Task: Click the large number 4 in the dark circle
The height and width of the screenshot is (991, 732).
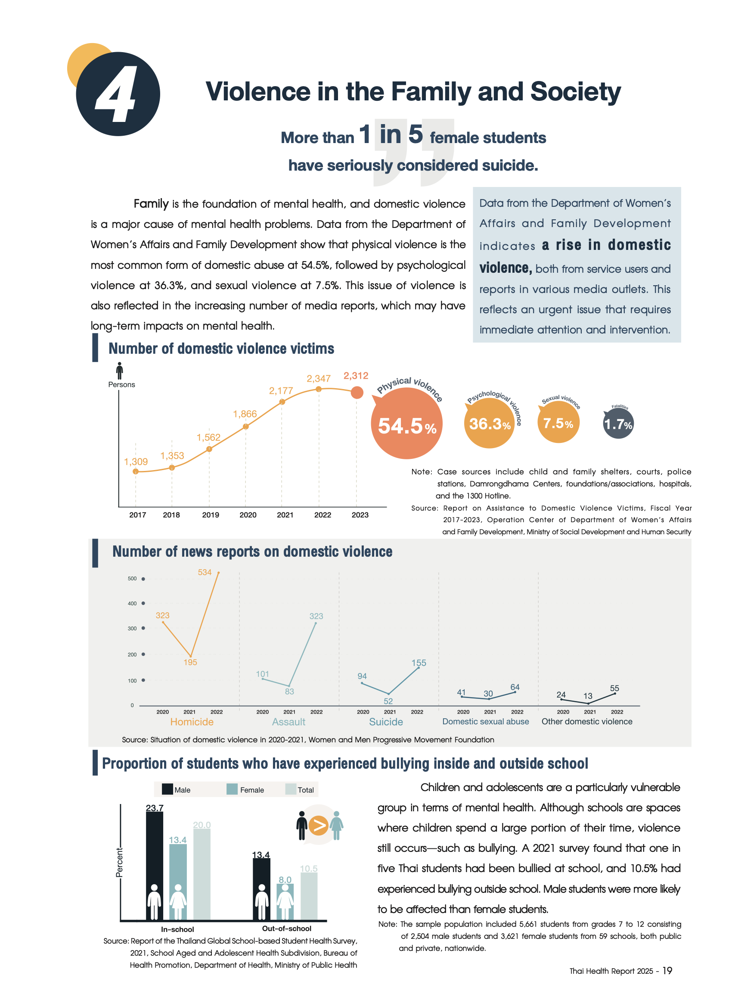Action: click(x=116, y=94)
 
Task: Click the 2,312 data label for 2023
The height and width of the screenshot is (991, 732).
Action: click(x=356, y=376)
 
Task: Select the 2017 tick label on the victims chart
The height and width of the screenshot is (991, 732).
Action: click(x=137, y=515)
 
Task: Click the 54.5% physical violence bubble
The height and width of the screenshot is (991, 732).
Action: click(x=406, y=425)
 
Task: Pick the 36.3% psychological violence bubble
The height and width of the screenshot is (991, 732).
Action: click(x=489, y=424)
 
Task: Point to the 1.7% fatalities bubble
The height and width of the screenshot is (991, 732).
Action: click(x=618, y=424)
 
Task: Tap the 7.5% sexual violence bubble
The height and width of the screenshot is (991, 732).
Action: click(x=558, y=423)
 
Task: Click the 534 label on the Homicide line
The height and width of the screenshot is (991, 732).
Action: click(x=205, y=573)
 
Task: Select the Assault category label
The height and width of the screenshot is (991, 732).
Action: click(x=288, y=722)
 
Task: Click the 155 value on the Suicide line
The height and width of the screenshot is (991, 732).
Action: click(x=419, y=663)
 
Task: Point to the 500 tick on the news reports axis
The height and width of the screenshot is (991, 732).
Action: click(x=132, y=579)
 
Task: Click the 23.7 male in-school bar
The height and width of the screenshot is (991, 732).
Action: click(x=154, y=865)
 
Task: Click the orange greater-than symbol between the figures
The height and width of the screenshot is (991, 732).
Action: click(x=318, y=825)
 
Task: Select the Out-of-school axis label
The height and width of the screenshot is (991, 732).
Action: click(x=287, y=929)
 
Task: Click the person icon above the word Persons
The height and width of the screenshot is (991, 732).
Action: click(x=119, y=371)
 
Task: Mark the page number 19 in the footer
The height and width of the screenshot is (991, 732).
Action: click(x=667, y=971)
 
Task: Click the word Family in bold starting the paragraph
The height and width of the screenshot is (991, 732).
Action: click(x=151, y=204)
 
